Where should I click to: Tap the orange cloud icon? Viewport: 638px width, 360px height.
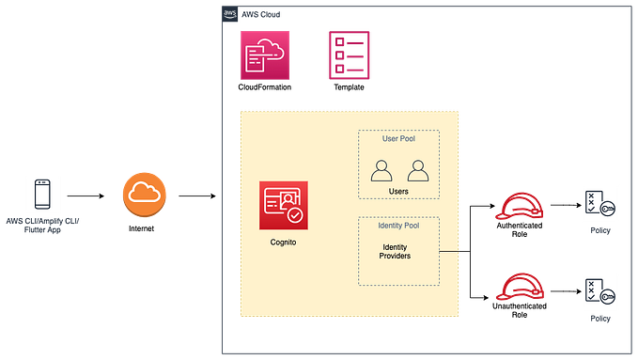pos(144,193)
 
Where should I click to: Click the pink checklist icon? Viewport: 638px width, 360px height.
pos(349,54)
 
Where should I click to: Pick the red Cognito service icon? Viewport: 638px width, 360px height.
pos(284,205)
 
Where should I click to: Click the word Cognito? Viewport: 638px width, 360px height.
pos(284,243)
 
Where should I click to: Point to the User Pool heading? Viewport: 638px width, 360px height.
pos(398,138)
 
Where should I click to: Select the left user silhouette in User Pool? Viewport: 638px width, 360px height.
pos(381,170)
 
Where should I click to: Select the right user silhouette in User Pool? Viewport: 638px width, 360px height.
pos(417,170)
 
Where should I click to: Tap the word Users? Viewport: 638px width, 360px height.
pos(398,191)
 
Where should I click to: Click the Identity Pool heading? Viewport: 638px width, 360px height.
pos(398,227)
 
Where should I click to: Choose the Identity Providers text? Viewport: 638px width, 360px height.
pos(396,251)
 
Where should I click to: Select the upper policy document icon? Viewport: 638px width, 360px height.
pos(600,204)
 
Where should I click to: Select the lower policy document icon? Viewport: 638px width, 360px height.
pos(600,291)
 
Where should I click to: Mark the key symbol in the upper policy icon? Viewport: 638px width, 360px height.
pos(608,209)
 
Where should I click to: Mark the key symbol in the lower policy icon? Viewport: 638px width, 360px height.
pos(608,296)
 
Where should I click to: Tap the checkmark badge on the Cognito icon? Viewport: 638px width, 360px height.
pos(296,216)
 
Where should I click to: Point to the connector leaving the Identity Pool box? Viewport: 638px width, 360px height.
pos(449,252)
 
